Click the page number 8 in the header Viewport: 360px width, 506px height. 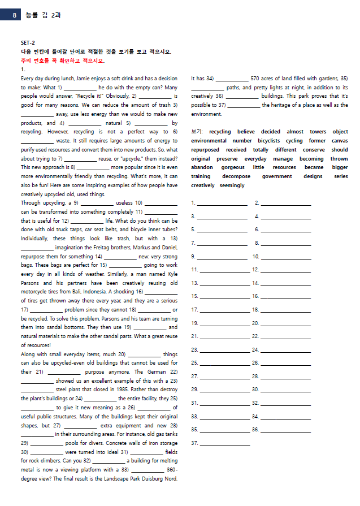coord(14,15)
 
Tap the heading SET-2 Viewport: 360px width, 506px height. coord(28,43)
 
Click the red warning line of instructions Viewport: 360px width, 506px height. coord(63,60)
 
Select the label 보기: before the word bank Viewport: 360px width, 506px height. coord(197,132)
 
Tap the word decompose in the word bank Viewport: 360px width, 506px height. coord(236,176)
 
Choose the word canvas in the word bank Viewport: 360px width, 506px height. coord(340,141)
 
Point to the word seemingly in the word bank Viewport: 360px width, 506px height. coord(232,185)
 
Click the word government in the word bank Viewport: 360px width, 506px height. coord(277,176)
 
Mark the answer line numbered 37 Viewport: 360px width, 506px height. coord(224,443)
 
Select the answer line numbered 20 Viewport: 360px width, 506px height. coord(285,323)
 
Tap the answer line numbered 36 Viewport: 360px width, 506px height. coord(285,430)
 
